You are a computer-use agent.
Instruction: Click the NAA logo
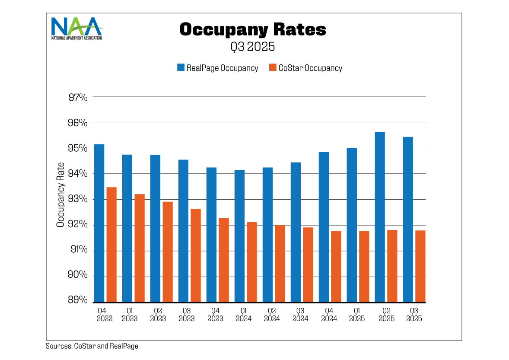click(x=77, y=29)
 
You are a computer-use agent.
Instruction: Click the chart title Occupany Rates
click(x=253, y=29)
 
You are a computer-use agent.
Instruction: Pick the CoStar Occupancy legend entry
click(x=305, y=68)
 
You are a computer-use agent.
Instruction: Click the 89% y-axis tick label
click(x=78, y=300)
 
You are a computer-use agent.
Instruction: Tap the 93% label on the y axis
click(x=78, y=199)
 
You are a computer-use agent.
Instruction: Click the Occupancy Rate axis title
click(x=61, y=194)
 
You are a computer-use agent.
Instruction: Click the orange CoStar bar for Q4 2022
click(x=111, y=245)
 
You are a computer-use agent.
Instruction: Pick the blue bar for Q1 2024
click(x=239, y=236)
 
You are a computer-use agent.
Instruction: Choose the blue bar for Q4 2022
click(x=99, y=223)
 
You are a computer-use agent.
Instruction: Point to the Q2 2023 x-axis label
click(x=158, y=315)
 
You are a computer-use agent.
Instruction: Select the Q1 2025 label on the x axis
click(x=357, y=315)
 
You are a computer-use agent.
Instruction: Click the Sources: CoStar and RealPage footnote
click(x=92, y=346)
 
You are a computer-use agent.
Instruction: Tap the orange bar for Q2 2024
click(x=280, y=264)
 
